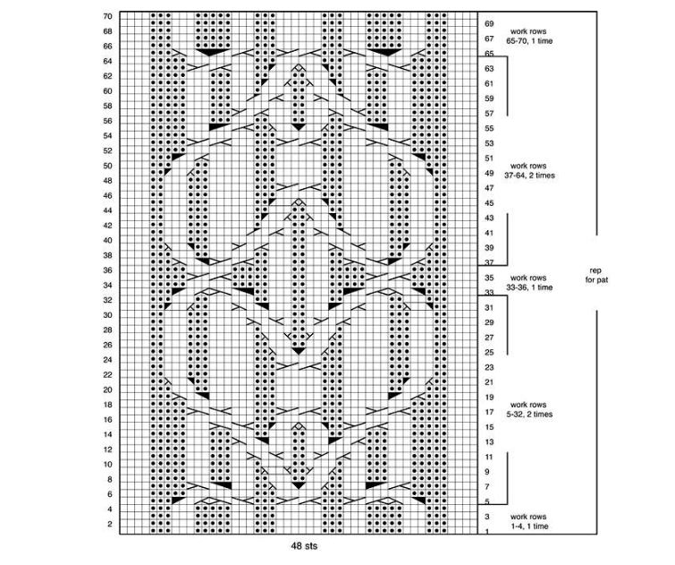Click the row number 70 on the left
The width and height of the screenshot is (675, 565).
107,16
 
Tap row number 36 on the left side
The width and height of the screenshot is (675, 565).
107,270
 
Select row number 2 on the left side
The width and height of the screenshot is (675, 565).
110,524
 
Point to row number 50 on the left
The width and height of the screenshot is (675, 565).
107,166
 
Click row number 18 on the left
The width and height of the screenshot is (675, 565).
107,405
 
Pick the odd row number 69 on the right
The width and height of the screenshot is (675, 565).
489,23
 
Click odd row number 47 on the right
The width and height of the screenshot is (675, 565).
489,188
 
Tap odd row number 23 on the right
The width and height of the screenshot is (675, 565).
489,367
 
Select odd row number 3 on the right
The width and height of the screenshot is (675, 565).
487,517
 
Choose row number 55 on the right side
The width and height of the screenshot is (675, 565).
489,129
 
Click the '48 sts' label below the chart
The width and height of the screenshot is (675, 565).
304,546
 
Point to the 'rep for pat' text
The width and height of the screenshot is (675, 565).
595,275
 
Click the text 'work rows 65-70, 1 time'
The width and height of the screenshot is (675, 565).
529,36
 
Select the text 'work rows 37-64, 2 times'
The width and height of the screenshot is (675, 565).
529,170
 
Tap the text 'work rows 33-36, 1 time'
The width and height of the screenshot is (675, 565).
529,283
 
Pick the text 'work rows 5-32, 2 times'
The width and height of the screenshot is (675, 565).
529,409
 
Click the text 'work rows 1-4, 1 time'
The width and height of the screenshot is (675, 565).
529,521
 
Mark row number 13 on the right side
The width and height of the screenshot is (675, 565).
489,442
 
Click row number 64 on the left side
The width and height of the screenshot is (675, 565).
107,61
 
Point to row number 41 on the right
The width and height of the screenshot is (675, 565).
489,233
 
